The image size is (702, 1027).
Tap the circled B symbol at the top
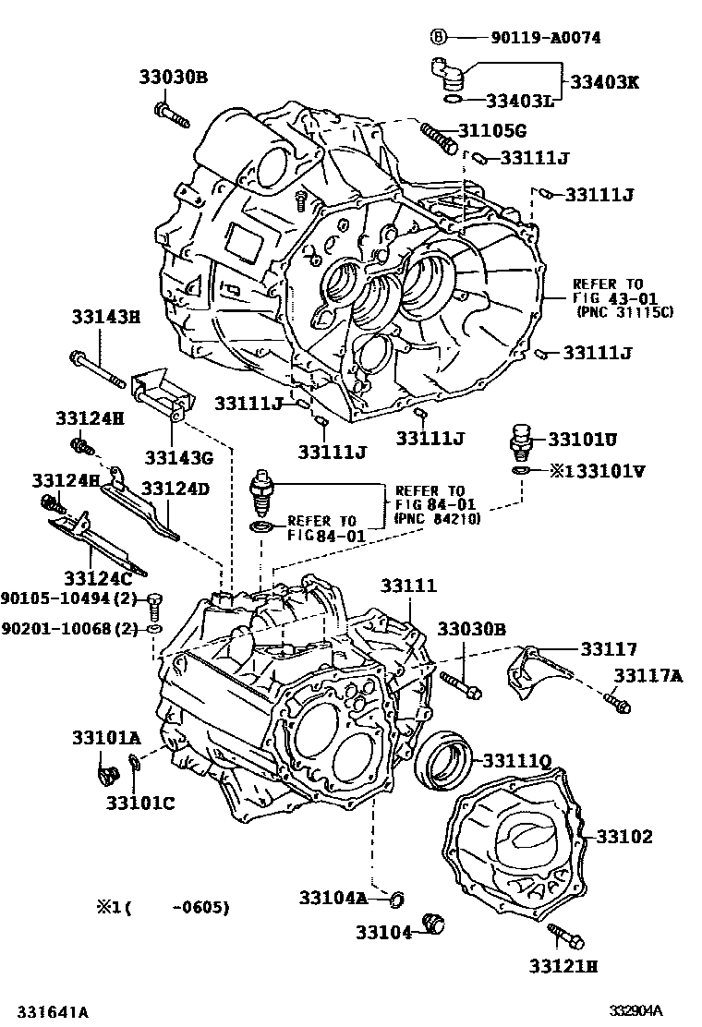pyautogui.click(x=439, y=38)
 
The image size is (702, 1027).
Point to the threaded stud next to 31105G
pyautogui.click(x=438, y=137)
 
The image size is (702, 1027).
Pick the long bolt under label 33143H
pyautogui.click(x=98, y=369)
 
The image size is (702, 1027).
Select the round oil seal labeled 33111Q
pyautogui.click(x=443, y=760)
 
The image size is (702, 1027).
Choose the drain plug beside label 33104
pyautogui.click(x=432, y=924)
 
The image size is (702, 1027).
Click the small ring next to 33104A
pyautogui.click(x=397, y=897)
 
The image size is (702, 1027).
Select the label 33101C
pyautogui.click(x=139, y=803)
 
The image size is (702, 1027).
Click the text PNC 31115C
pyautogui.click(x=624, y=312)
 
